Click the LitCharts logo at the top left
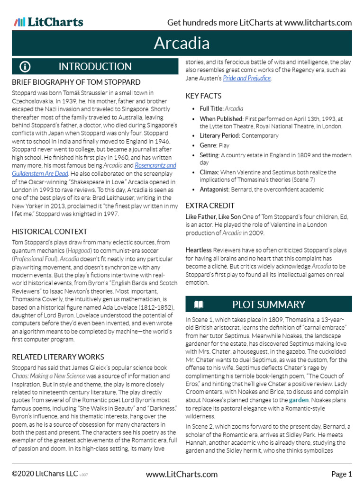click(x=48, y=22)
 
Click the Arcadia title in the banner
click(x=182, y=44)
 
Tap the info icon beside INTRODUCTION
click(x=25, y=66)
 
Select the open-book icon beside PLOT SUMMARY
click(x=199, y=304)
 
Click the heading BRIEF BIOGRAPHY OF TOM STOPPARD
click(x=76, y=82)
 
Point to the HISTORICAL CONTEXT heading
click(x=49, y=232)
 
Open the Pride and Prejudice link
click(x=246, y=78)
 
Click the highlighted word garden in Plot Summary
click(x=298, y=400)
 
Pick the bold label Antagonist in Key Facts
click(x=214, y=189)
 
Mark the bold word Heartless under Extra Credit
click(x=199, y=249)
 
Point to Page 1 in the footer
click(x=341, y=474)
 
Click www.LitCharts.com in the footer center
click(x=182, y=474)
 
